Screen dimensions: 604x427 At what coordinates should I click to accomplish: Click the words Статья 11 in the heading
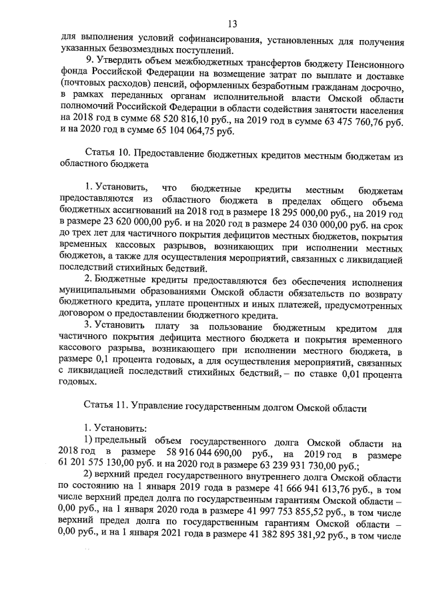coord(106,405)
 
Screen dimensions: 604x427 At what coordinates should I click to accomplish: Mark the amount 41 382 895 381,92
coord(272,540)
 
